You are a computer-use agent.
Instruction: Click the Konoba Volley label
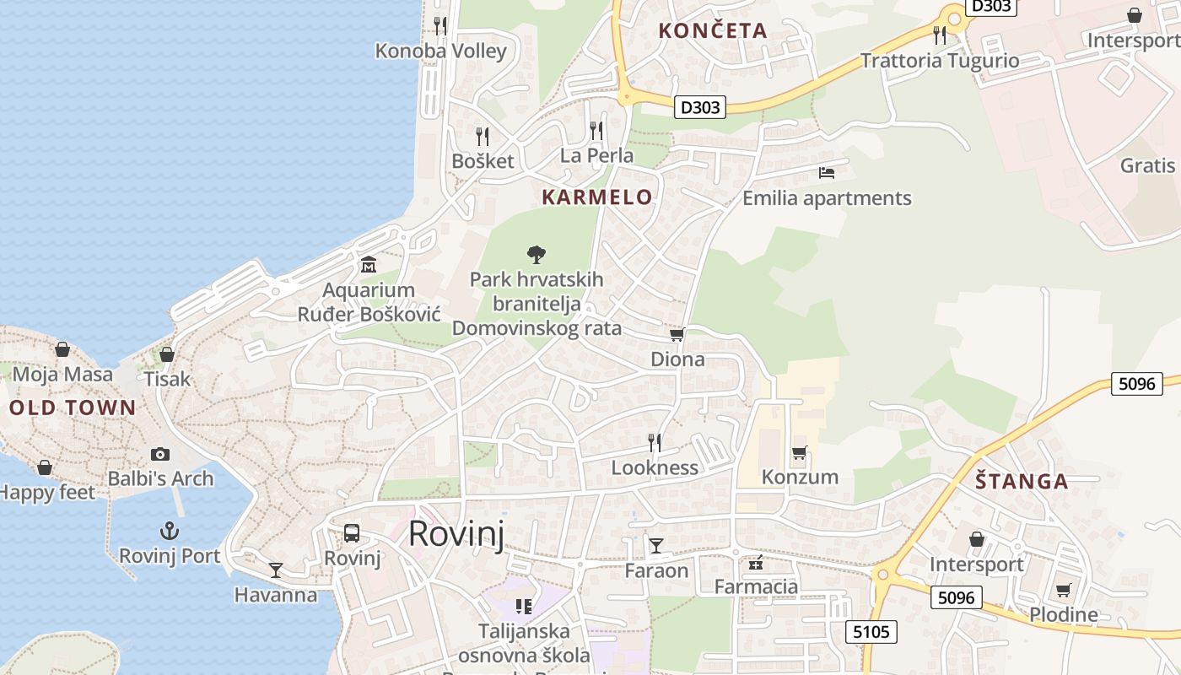click(441, 51)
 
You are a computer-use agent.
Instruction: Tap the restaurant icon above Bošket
click(483, 136)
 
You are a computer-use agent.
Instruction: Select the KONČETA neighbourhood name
click(713, 31)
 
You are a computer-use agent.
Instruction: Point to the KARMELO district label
click(597, 197)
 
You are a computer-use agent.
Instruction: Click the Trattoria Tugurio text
click(940, 61)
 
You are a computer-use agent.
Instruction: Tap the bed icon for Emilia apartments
click(827, 173)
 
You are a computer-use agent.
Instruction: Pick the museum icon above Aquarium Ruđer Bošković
click(369, 265)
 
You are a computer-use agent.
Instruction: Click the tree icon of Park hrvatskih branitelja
click(536, 254)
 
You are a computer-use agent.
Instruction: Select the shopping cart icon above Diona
click(677, 335)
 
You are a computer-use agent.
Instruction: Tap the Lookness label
click(655, 467)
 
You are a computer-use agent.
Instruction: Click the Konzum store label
click(800, 477)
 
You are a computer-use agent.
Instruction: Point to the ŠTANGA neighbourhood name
click(1022, 482)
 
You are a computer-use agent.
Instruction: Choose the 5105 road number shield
click(871, 632)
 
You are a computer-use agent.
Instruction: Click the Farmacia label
click(756, 586)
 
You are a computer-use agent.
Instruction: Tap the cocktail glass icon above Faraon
click(656, 546)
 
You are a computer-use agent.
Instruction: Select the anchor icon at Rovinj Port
click(170, 531)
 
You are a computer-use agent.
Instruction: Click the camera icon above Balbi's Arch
click(160, 454)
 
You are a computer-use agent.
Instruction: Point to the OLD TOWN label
click(73, 408)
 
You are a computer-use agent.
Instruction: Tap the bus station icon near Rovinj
click(352, 533)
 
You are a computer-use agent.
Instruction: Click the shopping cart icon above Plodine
click(1064, 591)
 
